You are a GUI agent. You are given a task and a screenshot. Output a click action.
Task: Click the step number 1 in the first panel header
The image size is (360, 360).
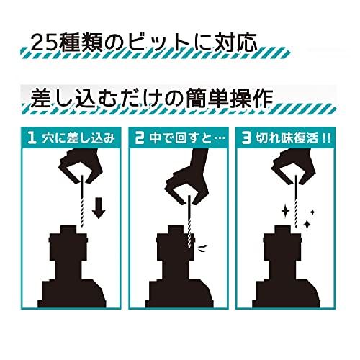coord(32,138)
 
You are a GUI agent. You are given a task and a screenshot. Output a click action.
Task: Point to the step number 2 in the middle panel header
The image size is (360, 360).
coord(139,138)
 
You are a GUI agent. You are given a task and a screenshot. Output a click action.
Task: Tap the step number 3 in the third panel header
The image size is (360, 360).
coord(246,138)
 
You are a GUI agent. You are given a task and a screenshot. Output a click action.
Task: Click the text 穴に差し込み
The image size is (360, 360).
coord(78,139)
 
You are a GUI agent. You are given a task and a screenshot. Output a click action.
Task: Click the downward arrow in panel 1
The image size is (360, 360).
coord(99,208)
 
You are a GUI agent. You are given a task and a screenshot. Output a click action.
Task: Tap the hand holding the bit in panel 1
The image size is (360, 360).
coord(81,166)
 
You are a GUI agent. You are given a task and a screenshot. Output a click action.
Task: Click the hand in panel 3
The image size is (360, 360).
coord(294,166)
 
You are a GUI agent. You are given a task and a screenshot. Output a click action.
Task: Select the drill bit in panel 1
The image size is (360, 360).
coord(82,201)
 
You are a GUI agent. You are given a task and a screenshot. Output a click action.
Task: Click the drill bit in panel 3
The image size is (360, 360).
coord(296,201)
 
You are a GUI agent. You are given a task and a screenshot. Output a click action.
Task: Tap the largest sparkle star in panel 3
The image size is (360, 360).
coord(286,212)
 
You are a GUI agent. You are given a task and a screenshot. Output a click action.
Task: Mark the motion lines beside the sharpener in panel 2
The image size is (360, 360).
coord(204,247)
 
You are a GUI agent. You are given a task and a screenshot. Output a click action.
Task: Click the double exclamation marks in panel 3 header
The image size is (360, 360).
coord(327,139)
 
